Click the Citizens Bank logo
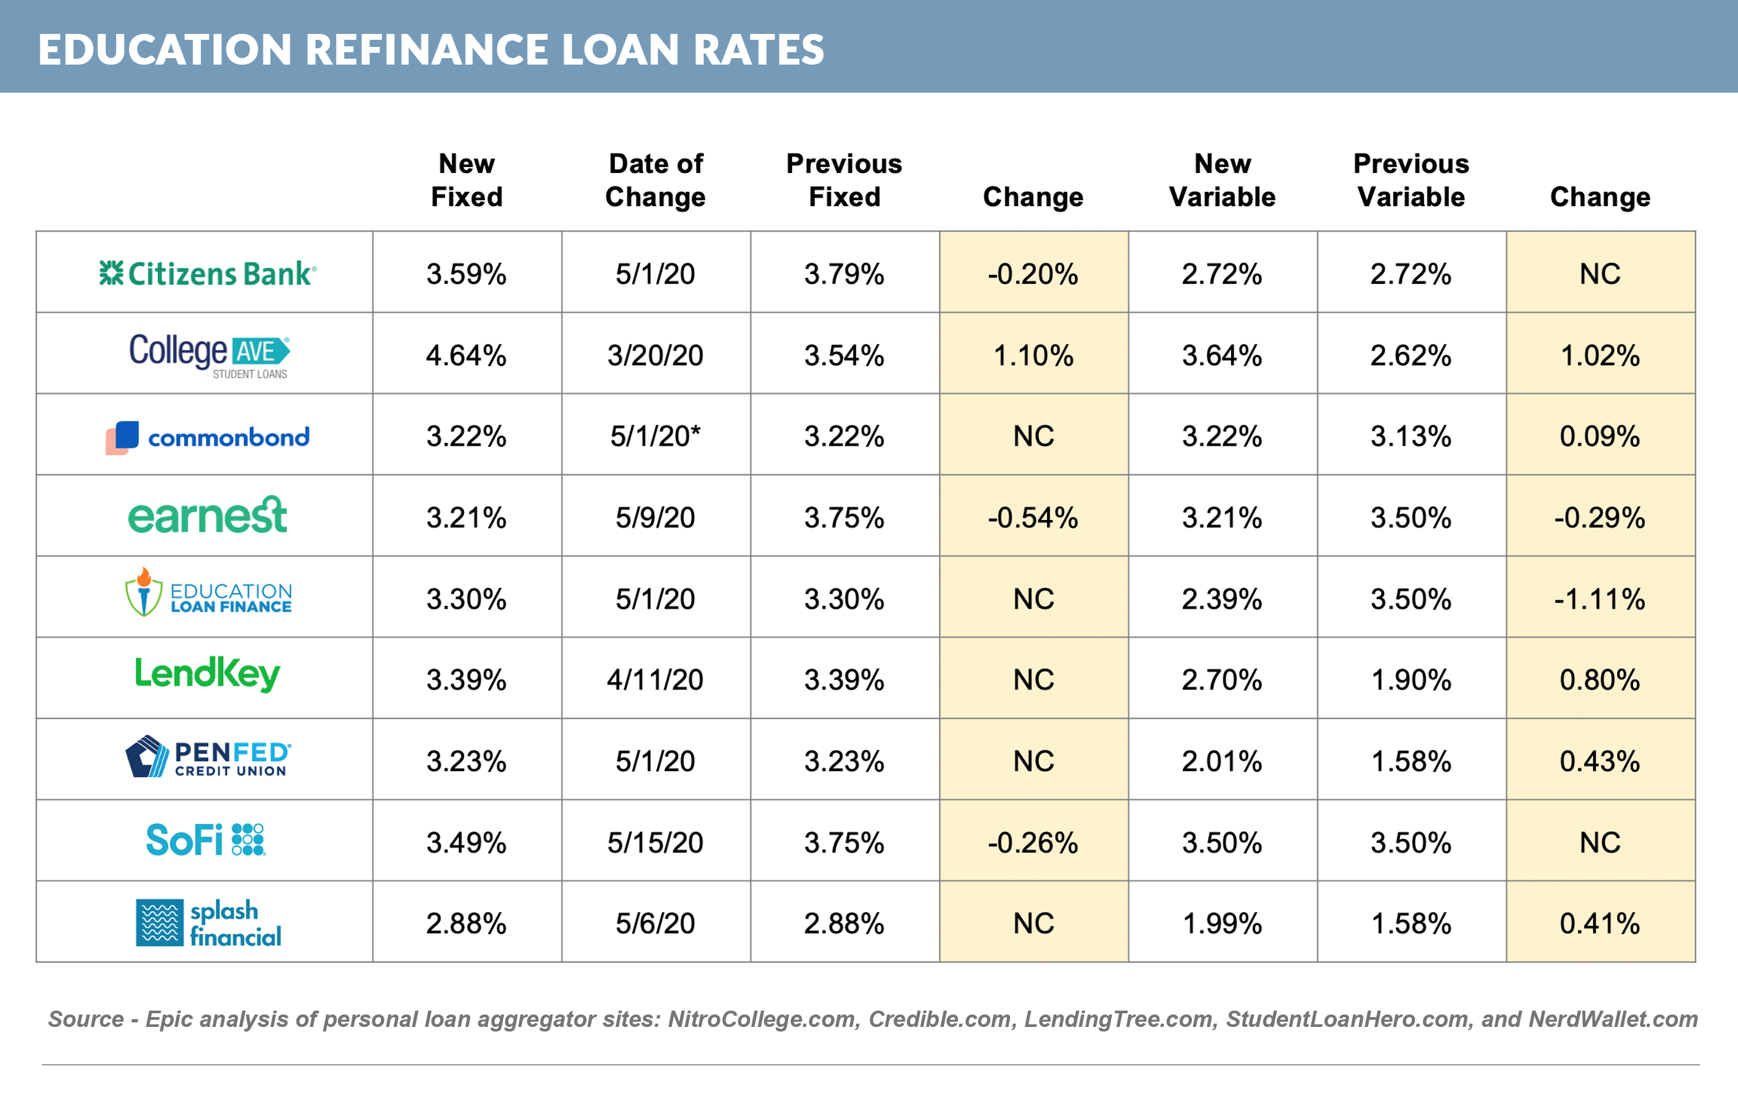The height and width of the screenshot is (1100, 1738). coord(207,273)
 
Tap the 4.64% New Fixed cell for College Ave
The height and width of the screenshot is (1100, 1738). coord(466,355)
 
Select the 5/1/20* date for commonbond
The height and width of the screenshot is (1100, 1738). coord(656,436)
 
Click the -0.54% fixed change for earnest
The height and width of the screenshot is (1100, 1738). coord(1033,517)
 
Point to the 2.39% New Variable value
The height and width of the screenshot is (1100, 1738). coord(1222,599)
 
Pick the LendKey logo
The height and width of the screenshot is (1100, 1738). coord(207,674)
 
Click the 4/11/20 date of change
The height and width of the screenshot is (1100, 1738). coord(656,680)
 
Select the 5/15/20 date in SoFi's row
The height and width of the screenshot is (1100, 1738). coord(656,842)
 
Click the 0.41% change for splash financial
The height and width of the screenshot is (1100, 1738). coord(1600,923)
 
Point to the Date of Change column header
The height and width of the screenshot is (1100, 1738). coord(656,181)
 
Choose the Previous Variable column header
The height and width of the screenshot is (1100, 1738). coord(1411,181)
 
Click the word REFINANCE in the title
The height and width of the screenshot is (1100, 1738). coord(426,50)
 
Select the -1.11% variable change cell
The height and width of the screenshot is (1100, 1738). coord(1600,599)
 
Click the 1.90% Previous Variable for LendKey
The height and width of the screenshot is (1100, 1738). coord(1411,680)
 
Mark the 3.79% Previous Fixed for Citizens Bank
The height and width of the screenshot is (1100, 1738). coord(844,273)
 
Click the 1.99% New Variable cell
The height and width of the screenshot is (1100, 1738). coord(1222,923)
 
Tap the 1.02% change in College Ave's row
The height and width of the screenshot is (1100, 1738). coord(1600,355)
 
